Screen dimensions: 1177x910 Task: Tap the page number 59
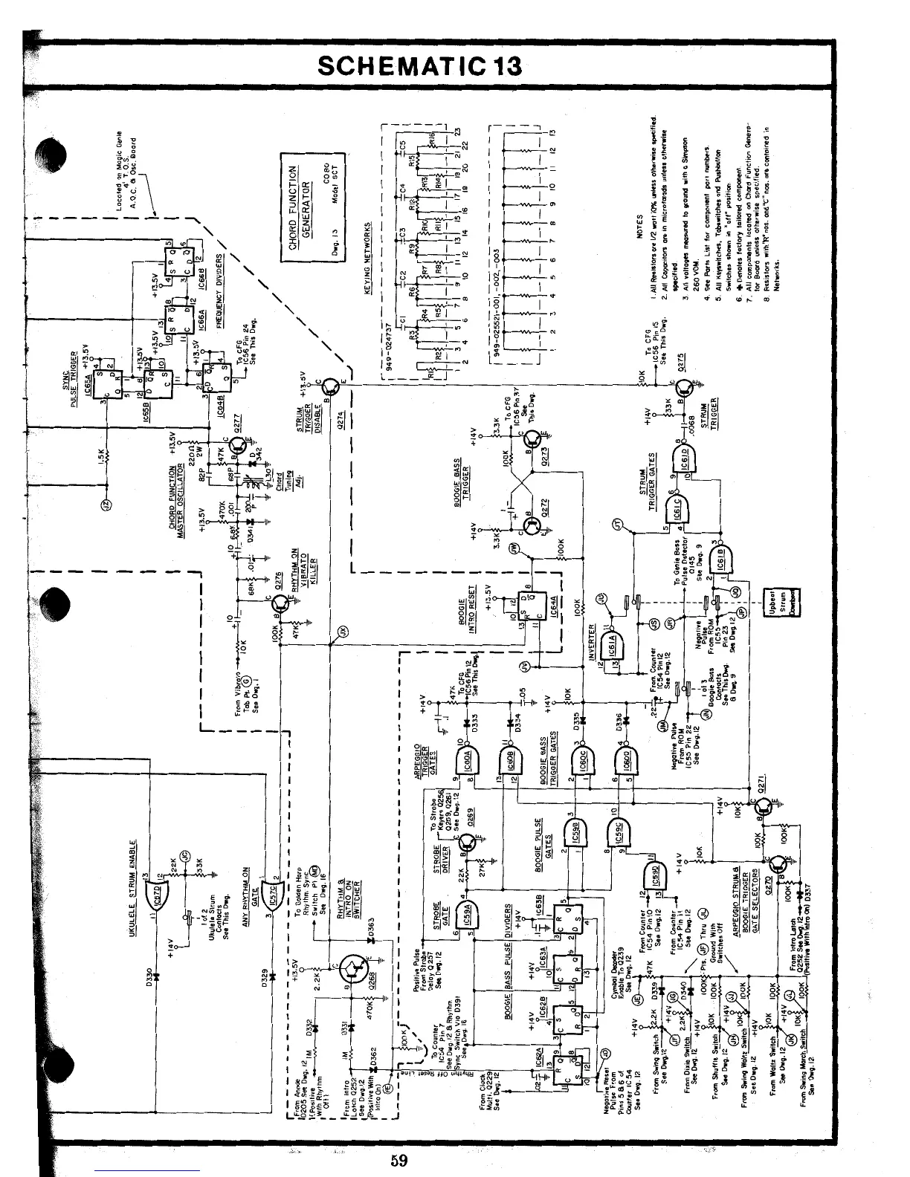(399, 1160)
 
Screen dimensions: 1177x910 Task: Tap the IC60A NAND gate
(463, 759)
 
